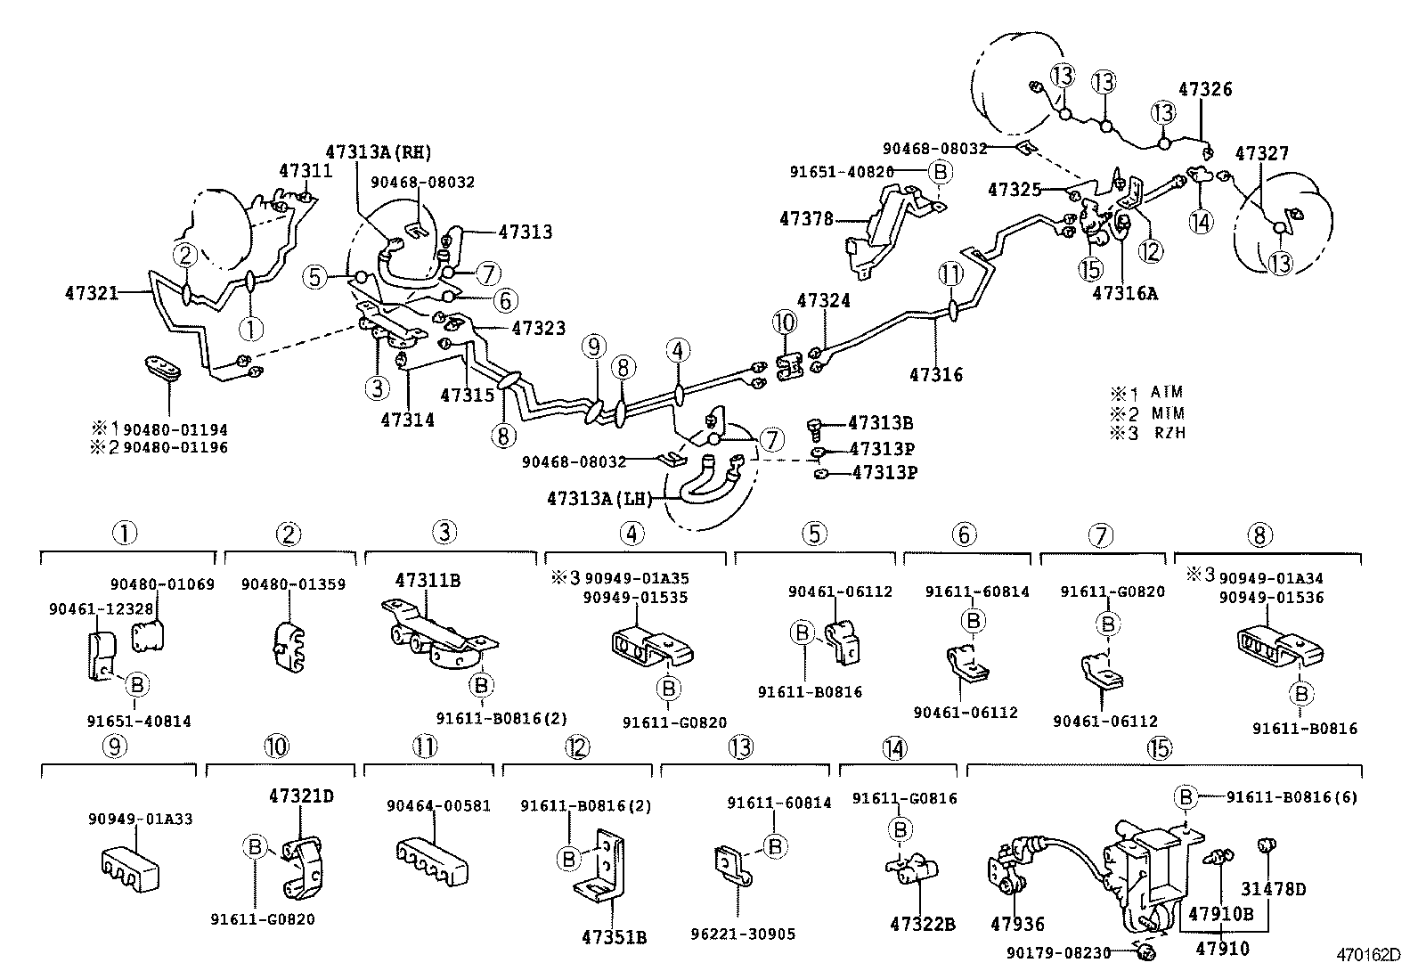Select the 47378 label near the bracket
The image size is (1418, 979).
(x=806, y=217)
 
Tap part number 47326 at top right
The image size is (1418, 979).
(x=1205, y=89)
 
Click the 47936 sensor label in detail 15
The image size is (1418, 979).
(x=1017, y=925)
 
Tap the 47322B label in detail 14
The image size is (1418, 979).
(x=922, y=925)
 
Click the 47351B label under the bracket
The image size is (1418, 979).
(x=614, y=937)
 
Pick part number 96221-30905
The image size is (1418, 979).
(x=743, y=934)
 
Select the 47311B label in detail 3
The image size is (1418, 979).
(x=428, y=581)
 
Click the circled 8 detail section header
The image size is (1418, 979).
(x=1259, y=535)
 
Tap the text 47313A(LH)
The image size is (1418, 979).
(x=600, y=499)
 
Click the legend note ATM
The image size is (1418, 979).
(x=1167, y=392)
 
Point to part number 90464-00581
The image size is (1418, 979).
(x=438, y=805)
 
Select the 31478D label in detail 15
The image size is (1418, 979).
(x=1274, y=888)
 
